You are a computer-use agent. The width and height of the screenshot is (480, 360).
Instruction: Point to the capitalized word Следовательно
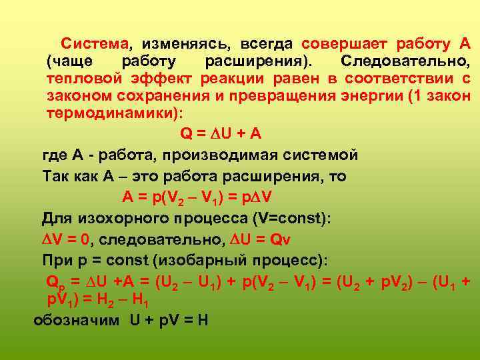[404, 61]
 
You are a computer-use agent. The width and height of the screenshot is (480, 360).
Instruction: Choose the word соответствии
[397, 79]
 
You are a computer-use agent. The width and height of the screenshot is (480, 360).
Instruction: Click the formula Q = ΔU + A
[221, 133]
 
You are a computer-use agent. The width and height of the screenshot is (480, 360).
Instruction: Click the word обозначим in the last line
[77, 319]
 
